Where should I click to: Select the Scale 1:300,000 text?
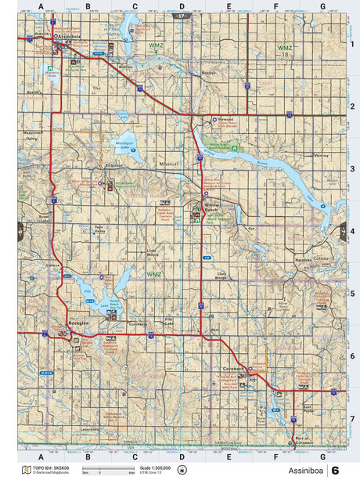154,467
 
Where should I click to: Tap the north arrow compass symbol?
182,470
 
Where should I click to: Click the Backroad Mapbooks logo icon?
26,470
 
